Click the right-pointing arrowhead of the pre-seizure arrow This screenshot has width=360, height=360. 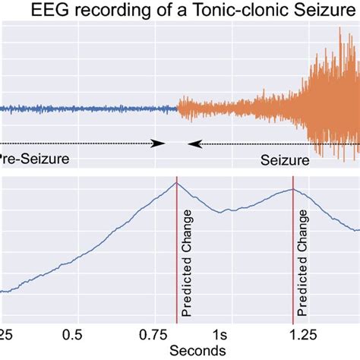tap(159, 143)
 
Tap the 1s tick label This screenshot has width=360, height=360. tap(219, 335)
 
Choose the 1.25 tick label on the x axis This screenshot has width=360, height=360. tap(292, 335)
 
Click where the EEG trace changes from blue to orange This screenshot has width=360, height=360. tap(178, 109)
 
